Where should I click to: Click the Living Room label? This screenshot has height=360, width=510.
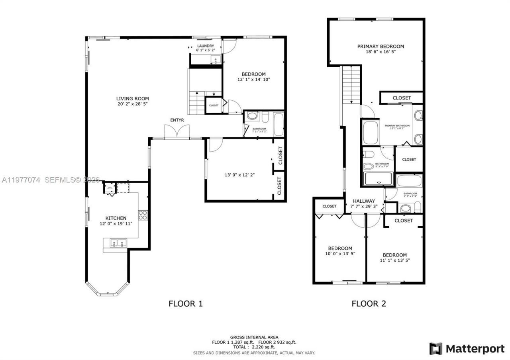pyautogui.click(x=132, y=99)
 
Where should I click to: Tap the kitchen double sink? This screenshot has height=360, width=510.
pyautogui.click(x=116, y=243)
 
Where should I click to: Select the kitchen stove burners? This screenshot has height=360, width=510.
pyautogui.click(x=143, y=215)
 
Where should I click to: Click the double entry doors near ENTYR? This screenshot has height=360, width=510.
pyautogui.click(x=177, y=131)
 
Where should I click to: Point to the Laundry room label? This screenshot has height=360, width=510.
pyautogui.click(x=206, y=46)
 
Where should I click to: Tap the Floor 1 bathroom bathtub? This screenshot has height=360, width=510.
pyautogui.click(x=278, y=124)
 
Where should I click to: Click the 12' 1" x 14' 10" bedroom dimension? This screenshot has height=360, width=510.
pyautogui.click(x=253, y=80)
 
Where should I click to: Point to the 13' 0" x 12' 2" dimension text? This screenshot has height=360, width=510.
pyautogui.click(x=239, y=174)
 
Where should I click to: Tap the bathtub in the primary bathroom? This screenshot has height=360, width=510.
pyautogui.click(x=371, y=133)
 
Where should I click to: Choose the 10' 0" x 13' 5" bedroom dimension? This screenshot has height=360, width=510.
pyautogui.click(x=340, y=254)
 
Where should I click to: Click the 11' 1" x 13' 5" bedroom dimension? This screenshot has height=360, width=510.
pyautogui.click(x=394, y=260)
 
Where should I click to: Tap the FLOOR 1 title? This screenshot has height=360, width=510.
pyautogui.click(x=186, y=304)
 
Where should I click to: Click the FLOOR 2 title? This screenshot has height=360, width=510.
pyautogui.click(x=369, y=304)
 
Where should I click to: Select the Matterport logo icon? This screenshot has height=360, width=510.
pyautogui.click(x=435, y=349)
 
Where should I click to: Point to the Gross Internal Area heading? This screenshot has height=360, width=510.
pyautogui.click(x=254, y=337)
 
